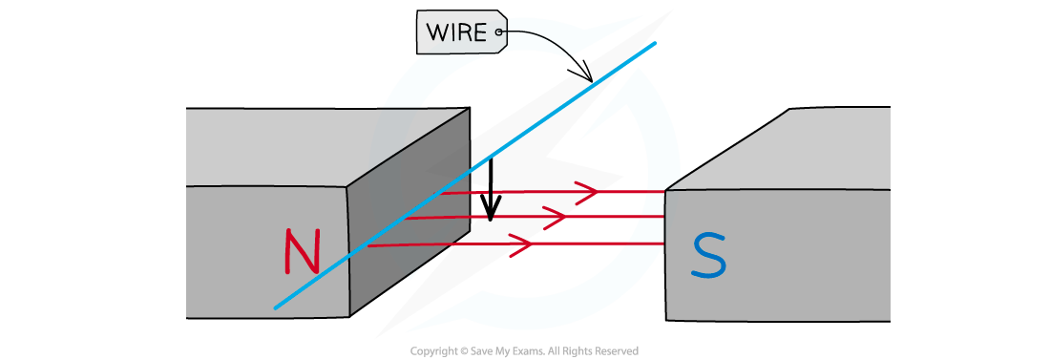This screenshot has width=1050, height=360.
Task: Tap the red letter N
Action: coord(302,252)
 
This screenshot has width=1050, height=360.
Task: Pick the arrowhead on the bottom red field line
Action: coord(521,244)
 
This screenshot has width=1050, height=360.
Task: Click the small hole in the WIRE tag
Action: coord(498,35)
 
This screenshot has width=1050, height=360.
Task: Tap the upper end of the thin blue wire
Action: coord(655,43)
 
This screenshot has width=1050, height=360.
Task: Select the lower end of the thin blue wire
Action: coord(276,307)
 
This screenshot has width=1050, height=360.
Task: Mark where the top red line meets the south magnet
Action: coord(664,192)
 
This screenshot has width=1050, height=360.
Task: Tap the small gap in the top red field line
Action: coord(490,193)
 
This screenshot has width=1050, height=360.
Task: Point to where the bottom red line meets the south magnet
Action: coord(664,244)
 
